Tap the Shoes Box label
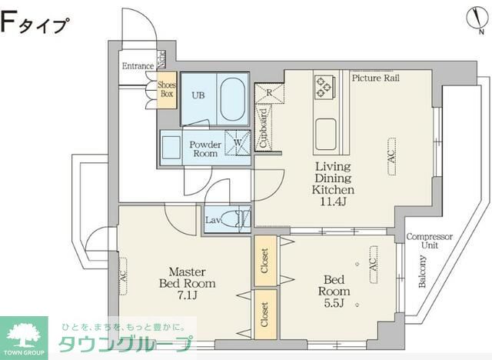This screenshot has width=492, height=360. coord(167,90)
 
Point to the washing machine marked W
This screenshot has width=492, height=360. coord(239,143)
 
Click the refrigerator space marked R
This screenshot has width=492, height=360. coord(270,92)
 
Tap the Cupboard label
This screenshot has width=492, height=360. coord(264,128)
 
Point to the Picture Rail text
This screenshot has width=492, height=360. coord(377,78)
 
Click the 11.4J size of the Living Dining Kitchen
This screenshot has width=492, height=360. coord(332,202)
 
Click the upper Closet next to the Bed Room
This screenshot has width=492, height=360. coord(265,260)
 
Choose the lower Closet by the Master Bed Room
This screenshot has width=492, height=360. coord(265,314)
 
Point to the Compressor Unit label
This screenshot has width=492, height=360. coord(429,241)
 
